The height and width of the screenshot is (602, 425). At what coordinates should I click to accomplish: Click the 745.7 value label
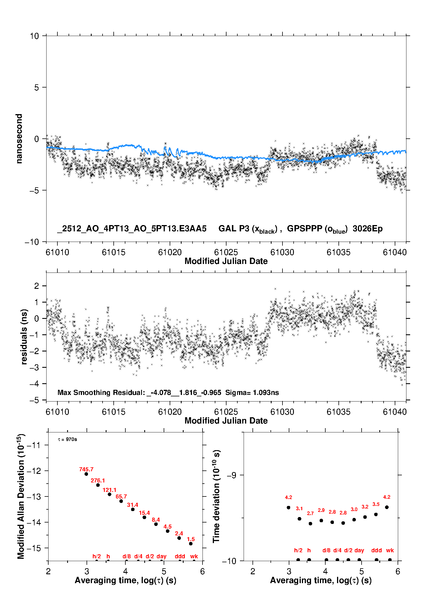(x=86, y=469)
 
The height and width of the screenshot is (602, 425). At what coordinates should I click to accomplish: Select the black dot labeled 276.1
(x=98, y=485)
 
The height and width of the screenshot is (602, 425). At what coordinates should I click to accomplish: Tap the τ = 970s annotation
(x=67, y=439)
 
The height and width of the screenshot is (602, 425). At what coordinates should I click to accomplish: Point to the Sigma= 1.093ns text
(x=252, y=392)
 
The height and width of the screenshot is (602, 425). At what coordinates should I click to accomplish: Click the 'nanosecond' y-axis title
(x=19, y=139)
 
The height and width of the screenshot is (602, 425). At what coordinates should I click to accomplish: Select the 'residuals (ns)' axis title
(x=24, y=337)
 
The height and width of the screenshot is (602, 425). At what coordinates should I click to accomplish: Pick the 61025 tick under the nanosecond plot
(x=226, y=252)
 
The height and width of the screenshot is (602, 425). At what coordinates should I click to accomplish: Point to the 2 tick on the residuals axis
(x=36, y=286)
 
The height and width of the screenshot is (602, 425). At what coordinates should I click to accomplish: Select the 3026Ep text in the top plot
(x=367, y=229)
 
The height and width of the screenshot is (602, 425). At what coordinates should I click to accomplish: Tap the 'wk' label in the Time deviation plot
(x=390, y=550)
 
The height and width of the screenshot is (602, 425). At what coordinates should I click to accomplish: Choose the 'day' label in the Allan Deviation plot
(x=161, y=556)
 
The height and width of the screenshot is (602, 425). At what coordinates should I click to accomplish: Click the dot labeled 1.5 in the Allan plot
(x=191, y=544)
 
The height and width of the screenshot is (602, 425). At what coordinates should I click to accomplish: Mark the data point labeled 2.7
(x=310, y=524)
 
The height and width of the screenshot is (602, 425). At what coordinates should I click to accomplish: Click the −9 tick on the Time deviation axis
(x=232, y=475)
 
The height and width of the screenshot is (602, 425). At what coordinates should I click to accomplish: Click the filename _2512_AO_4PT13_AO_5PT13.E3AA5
(x=132, y=229)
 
